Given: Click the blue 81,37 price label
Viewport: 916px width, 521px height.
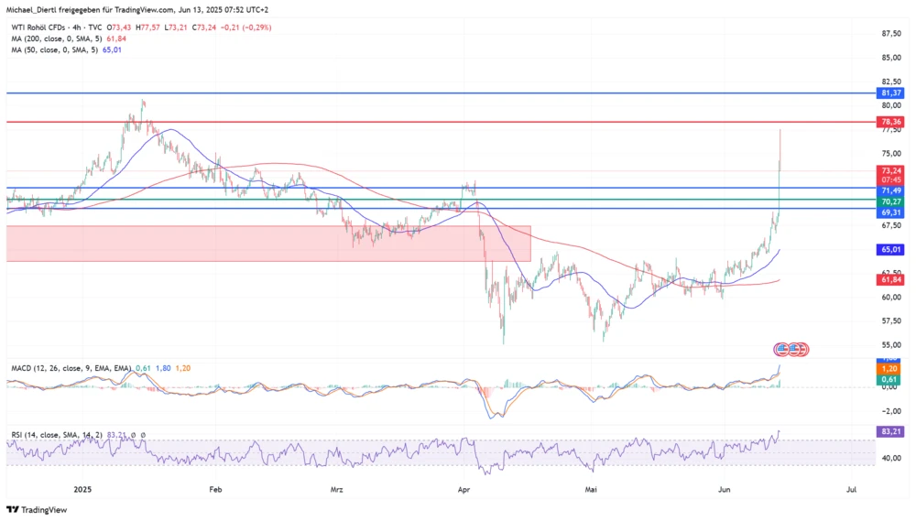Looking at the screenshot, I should tap(890, 93).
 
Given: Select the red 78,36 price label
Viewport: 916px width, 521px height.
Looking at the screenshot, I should tap(890, 122).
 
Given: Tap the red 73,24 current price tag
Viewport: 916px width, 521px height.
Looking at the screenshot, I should tap(890, 170).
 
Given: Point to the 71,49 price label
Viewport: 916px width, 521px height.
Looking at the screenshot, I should tap(890, 190).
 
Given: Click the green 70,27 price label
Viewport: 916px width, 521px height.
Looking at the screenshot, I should tap(890, 201).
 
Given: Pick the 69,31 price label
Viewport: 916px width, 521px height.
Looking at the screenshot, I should tap(890, 212).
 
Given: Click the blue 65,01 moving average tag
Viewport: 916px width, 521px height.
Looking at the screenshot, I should tap(890, 249).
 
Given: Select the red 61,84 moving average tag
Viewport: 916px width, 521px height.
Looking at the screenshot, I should tap(890, 280).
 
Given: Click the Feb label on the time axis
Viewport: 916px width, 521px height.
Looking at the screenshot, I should tap(216, 490).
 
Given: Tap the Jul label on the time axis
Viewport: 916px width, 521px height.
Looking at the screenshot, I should tap(851, 490).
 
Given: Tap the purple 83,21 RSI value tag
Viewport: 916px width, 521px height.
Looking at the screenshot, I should tap(890, 431).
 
